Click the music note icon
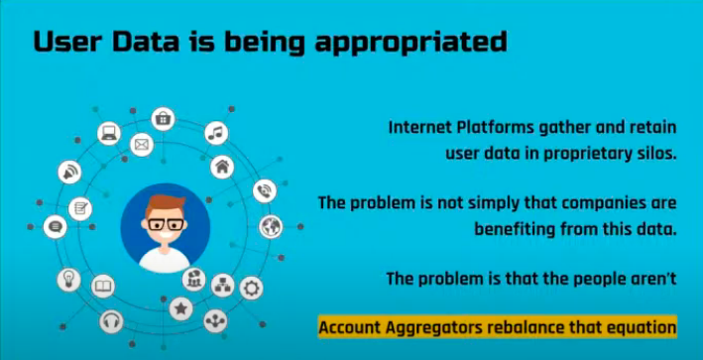coord(216,133)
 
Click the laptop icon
coord(107,132)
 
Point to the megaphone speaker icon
coord(69,172)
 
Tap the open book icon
coord(103,288)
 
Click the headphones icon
coord(110,321)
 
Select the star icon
coord(180,308)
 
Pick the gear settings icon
coord(252,289)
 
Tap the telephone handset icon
coord(264,191)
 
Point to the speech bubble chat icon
coord(56,227)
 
